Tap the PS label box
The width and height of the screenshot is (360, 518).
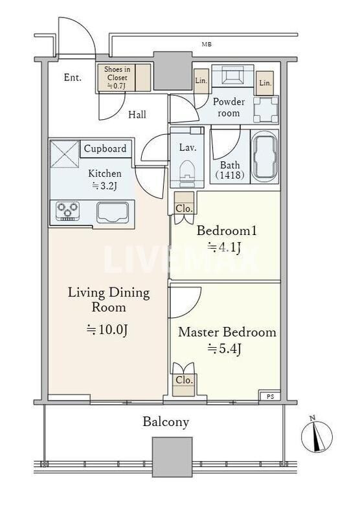click(x=270, y=396)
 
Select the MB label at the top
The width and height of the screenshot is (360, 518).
click(x=206, y=45)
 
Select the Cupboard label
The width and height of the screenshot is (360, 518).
click(x=105, y=149)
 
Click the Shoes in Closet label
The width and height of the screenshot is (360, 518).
click(x=117, y=78)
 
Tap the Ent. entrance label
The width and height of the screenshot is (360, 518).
click(x=73, y=78)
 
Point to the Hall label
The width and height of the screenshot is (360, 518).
click(x=137, y=115)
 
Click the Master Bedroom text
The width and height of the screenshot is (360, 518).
click(x=227, y=332)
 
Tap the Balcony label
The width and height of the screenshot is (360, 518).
click(x=166, y=422)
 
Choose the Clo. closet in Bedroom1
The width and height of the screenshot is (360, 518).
click(x=184, y=209)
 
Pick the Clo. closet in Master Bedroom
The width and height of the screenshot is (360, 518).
click(x=184, y=380)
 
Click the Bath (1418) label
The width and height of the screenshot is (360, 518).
click(x=230, y=170)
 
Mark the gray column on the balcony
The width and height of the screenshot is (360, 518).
click(x=172, y=456)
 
